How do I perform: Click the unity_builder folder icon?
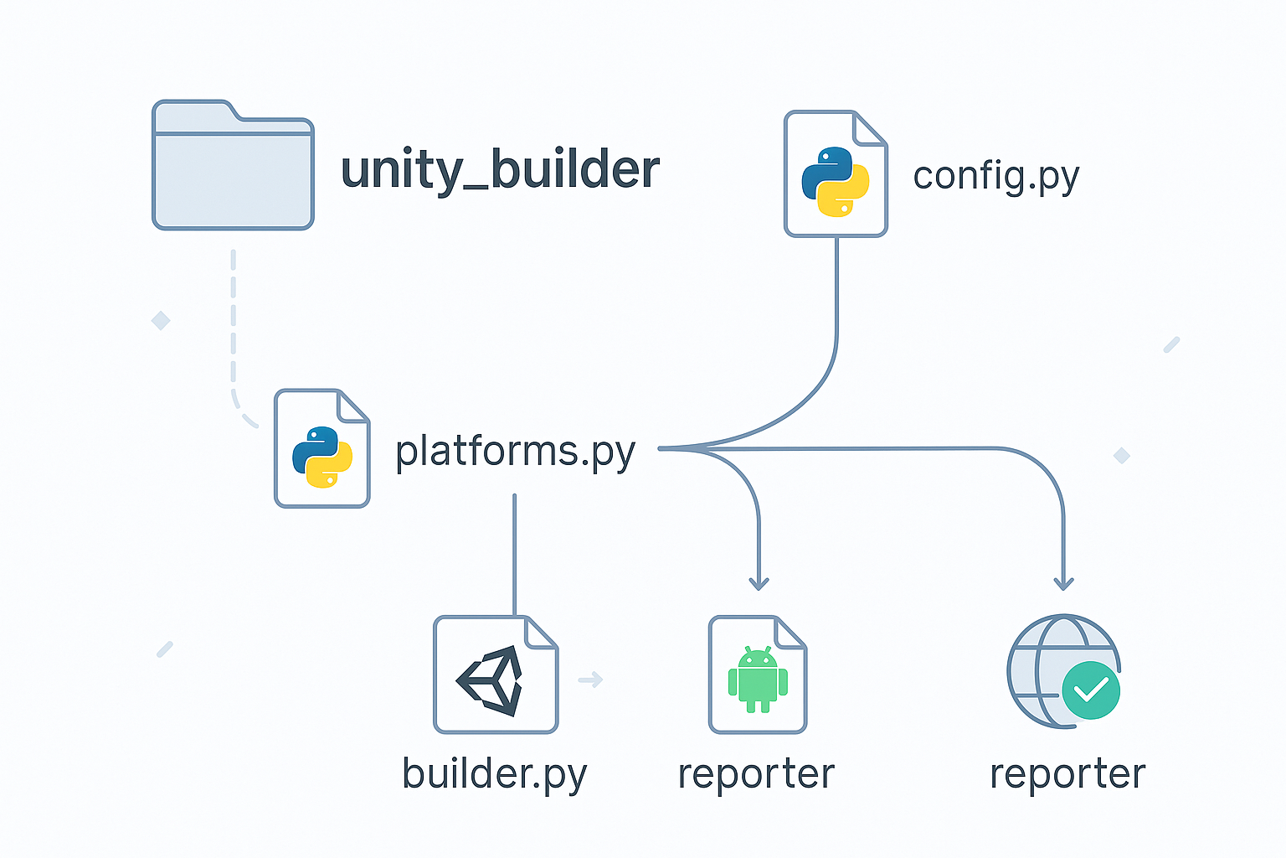[233, 166]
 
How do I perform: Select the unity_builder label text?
[500, 170]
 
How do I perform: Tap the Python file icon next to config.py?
[836, 174]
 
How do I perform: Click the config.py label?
[995, 177]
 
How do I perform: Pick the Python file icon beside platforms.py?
[322, 449]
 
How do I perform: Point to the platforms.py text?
[515, 452]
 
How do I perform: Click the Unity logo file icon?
[496, 675]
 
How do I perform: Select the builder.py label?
[494, 774]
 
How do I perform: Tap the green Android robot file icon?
[758, 675]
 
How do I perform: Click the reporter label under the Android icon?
[756, 774]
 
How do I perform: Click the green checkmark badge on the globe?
[1091, 690]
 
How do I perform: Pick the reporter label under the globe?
[1067, 774]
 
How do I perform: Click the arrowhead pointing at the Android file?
[759, 583]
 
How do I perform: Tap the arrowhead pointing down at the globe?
[1063, 583]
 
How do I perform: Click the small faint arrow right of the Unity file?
[590, 680]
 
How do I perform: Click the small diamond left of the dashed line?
[161, 320]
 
